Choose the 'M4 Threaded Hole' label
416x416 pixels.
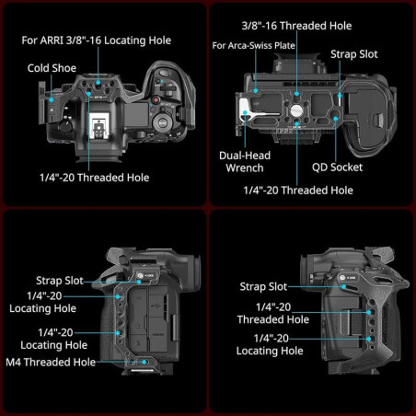click(x=57, y=363)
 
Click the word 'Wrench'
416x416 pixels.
click(x=243, y=168)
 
